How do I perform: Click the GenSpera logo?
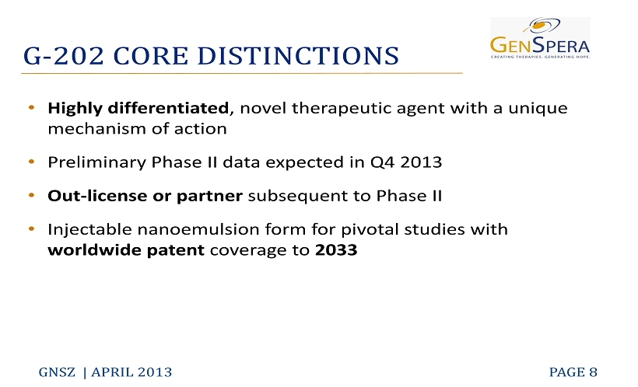point(540,38)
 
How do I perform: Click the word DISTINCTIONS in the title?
point(298,56)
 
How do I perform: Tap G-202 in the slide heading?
point(64,56)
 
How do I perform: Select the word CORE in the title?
point(150,56)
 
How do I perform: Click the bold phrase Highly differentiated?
point(138,109)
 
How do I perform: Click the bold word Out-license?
point(97,196)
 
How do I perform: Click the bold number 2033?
point(336,250)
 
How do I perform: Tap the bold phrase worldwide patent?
point(126,250)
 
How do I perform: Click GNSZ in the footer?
point(57,372)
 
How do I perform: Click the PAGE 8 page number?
point(573,372)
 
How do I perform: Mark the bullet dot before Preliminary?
point(32,162)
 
